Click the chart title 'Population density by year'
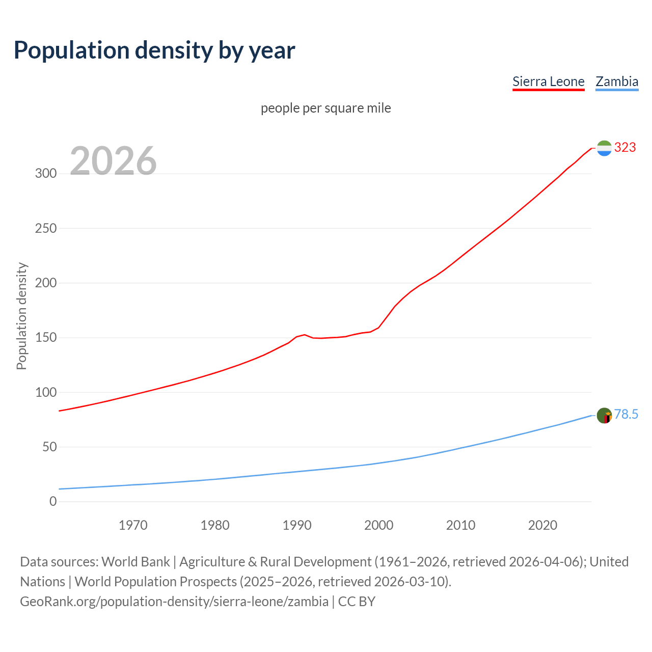(154, 50)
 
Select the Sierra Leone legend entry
(548, 81)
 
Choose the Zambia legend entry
(617, 81)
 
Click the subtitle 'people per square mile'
(326, 108)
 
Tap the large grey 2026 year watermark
(113, 161)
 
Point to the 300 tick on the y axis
(46, 173)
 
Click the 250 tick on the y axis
(46, 228)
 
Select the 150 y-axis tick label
(46, 338)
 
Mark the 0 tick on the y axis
(53, 501)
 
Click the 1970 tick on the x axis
(133, 525)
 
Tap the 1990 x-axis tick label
(297, 525)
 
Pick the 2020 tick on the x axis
(542, 525)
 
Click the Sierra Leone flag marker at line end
(604, 148)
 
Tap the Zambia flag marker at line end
(604, 416)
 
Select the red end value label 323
(625, 148)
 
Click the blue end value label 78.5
(626, 415)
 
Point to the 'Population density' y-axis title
(21, 316)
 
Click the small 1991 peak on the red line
(305, 335)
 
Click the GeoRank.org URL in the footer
(174, 602)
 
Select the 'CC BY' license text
(357, 602)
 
